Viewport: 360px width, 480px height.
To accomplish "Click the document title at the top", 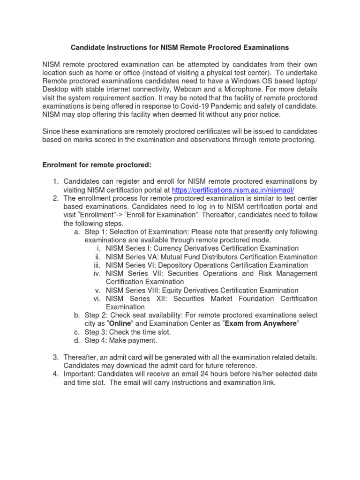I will (180, 47).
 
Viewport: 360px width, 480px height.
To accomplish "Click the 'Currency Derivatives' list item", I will (202, 248).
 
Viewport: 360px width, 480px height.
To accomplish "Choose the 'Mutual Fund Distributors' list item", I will (211, 257).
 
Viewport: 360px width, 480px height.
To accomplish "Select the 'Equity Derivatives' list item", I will (202, 291).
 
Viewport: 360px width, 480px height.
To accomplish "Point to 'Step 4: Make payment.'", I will (121, 341).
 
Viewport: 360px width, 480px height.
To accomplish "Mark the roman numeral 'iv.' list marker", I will (97, 274).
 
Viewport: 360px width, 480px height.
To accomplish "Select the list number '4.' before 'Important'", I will (55, 374).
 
